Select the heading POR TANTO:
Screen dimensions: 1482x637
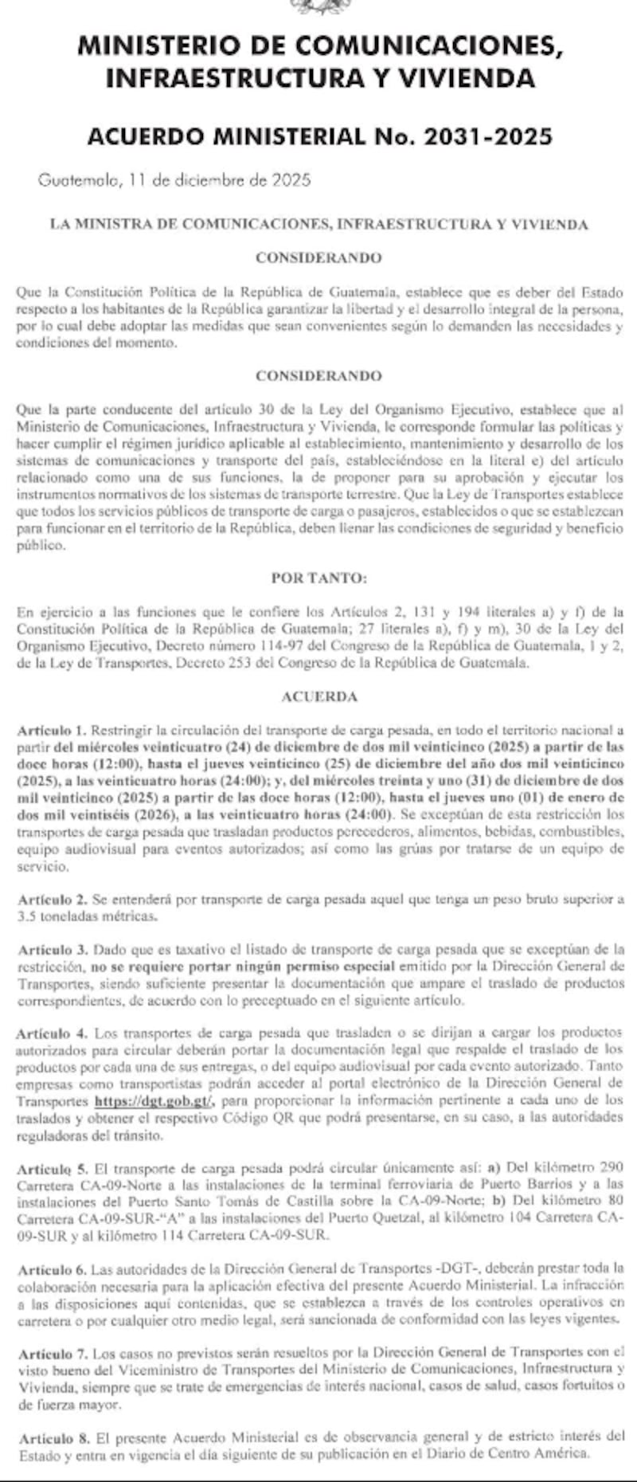[x=318, y=578]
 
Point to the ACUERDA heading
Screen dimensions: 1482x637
[x=318, y=696]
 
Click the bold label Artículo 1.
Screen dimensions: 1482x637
[x=53, y=730]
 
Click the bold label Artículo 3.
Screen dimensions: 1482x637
[x=53, y=950]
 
